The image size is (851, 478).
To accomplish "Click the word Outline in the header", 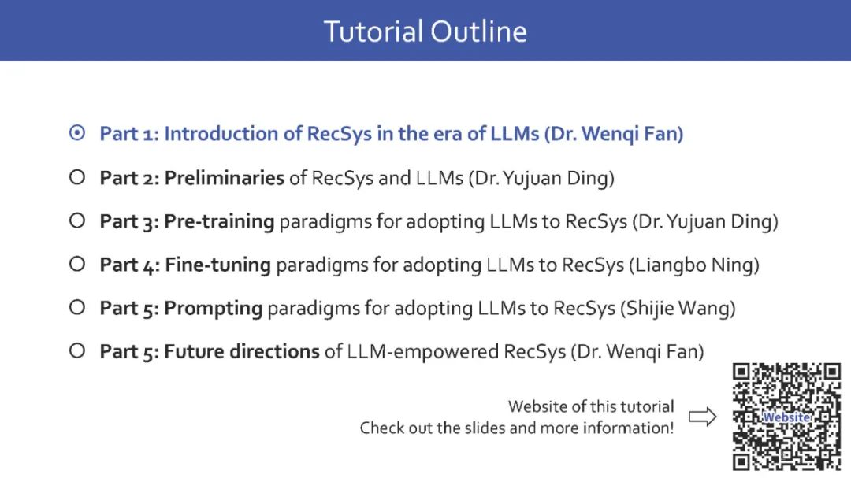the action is tap(479, 31).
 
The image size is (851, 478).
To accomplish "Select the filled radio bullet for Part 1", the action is tap(77, 133).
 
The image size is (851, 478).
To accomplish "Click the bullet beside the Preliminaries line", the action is tap(77, 177).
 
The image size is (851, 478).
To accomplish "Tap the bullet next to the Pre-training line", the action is tap(77, 220).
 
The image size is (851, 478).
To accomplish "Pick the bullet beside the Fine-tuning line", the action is tap(77, 264).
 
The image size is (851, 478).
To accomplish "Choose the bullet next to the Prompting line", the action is tap(77, 307).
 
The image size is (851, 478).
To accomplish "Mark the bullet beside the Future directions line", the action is tap(77, 350).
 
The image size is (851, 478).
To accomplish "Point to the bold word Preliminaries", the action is tap(224, 177).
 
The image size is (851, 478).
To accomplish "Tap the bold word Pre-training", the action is tap(219, 221).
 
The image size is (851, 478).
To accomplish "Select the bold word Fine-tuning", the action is tap(217, 265).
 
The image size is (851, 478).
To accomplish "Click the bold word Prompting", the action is tap(214, 308).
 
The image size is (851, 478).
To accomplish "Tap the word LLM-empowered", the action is tap(423, 351).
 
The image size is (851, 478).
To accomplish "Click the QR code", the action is tap(786, 417).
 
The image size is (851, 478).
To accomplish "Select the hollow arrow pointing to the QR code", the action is tap(703, 417).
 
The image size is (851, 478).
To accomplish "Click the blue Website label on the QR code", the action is tap(787, 417).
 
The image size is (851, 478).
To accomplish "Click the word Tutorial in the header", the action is tap(373, 31).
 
